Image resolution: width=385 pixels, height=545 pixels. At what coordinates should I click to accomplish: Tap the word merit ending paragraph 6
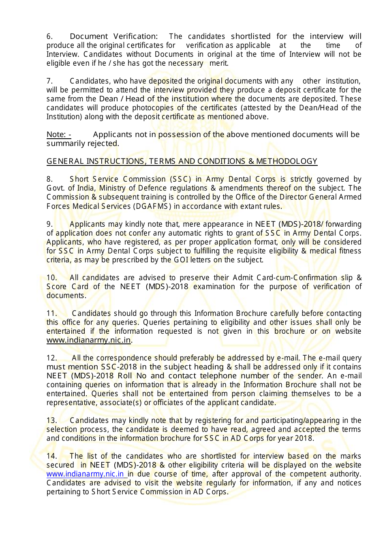(218, 63)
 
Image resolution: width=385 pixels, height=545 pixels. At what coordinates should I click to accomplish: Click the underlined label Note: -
(59, 135)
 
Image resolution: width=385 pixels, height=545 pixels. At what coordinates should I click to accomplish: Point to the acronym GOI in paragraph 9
(181, 260)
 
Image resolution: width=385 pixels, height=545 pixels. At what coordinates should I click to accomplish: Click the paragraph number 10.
(51, 278)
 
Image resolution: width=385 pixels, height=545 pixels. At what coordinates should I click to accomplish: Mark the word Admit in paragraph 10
(243, 278)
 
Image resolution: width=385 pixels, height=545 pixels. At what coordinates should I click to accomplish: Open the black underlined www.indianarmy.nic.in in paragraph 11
(89, 340)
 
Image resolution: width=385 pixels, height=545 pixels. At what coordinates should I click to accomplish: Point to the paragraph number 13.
(51, 421)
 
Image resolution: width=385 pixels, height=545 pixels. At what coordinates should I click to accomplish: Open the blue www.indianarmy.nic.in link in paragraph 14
(85, 474)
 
